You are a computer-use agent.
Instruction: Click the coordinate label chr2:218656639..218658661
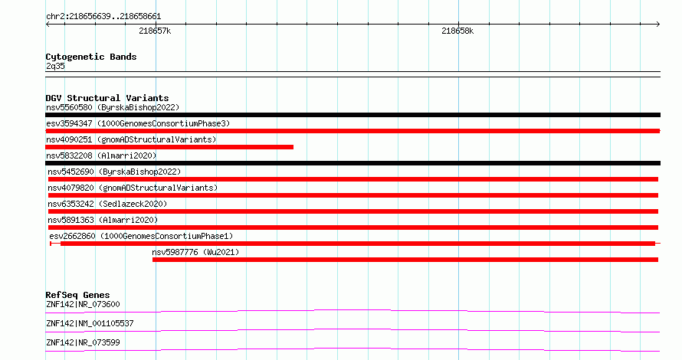tap(103, 17)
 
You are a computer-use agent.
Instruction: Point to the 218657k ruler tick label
tap(155, 31)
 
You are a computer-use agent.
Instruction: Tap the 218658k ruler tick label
tap(457, 31)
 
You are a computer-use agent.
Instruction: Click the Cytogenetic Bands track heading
tap(91, 57)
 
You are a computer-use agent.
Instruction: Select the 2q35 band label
tap(55, 66)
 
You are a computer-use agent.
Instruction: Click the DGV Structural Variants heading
tap(107, 98)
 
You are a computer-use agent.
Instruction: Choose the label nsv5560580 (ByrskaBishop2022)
tap(113, 107)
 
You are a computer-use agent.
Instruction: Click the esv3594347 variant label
tap(138, 123)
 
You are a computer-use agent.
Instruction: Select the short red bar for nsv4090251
tap(169, 147)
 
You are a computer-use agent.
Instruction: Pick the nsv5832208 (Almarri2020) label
tap(101, 155)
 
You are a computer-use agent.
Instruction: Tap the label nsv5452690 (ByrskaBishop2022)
tap(114, 172)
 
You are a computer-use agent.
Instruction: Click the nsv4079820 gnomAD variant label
tap(133, 188)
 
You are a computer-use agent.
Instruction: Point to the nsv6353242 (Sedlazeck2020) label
tap(107, 204)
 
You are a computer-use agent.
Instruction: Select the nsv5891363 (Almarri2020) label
tap(103, 220)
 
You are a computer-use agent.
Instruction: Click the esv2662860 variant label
tap(141, 236)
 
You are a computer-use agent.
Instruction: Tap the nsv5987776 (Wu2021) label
tap(195, 252)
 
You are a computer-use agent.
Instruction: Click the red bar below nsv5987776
tap(405, 260)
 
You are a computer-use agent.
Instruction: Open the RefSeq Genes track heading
tap(77, 295)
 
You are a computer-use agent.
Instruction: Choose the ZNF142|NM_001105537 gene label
tap(90, 323)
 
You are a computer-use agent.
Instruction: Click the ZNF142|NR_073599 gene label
tap(83, 342)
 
